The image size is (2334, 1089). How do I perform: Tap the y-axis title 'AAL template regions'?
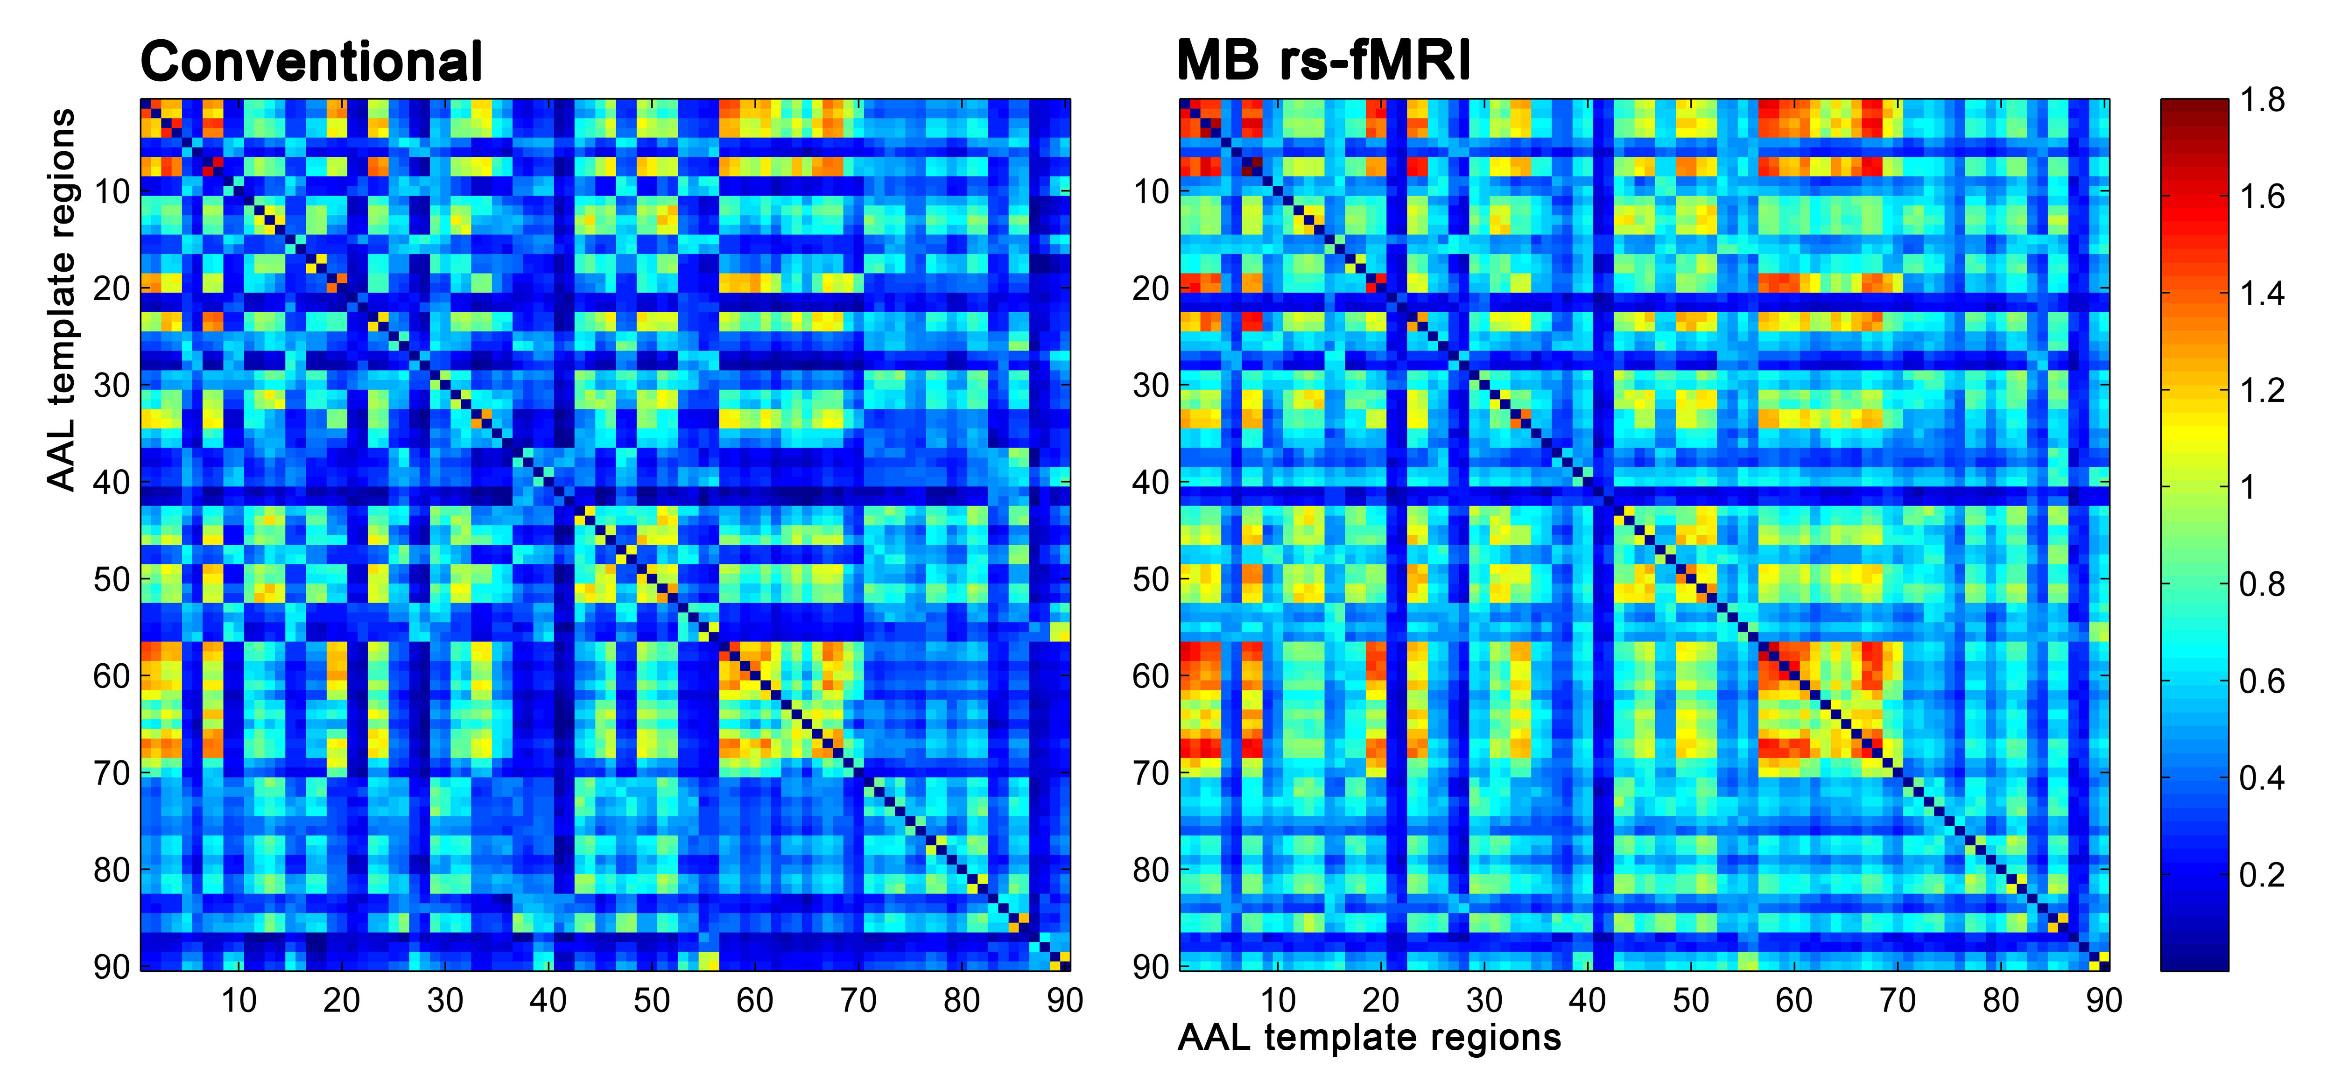[62, 299]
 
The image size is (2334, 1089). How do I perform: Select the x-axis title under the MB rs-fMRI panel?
[1369, 1037]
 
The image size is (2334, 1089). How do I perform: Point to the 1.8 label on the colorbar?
[2263, 100]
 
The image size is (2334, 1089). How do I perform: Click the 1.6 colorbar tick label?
[2263, 197]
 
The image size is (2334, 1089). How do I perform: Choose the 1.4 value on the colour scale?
[2263, 294]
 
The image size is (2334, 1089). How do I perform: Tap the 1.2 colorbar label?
[2263, 391]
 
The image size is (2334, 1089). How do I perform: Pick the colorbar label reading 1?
[2247, 487]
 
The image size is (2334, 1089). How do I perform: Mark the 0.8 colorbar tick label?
[2263, 584]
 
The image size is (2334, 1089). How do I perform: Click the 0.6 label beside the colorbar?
[2263, 682]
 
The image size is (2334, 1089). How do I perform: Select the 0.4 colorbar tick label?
[2263, 778]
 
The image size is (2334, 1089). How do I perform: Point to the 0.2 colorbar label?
[2263, 875]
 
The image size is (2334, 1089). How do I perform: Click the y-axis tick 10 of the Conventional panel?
[112, 192]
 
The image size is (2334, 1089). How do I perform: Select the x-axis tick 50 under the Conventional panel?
[652, 1000]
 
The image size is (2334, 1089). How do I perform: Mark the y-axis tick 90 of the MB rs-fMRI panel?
[1152, 967]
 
